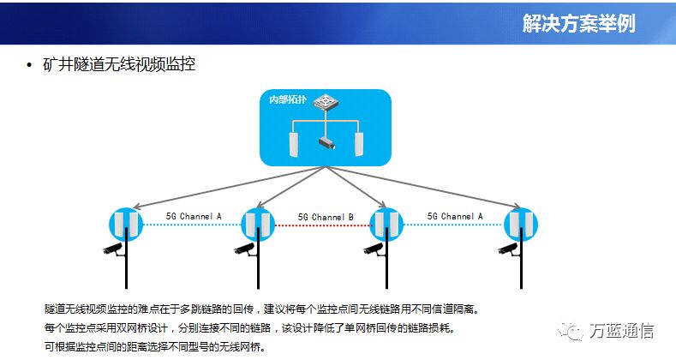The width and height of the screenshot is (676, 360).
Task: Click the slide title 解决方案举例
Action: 579,23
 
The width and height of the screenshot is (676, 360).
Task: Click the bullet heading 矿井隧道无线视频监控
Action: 119,64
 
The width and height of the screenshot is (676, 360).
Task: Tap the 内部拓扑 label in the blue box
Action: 288,99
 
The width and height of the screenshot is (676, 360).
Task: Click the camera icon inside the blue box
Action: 326,143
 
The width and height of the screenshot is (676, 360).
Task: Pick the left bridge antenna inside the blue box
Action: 294,145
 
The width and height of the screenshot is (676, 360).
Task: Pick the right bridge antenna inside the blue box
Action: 359,145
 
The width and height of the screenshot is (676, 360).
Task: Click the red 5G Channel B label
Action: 326,217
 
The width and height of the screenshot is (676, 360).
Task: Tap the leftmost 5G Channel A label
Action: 194,216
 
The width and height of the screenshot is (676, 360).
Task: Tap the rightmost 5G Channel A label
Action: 455,216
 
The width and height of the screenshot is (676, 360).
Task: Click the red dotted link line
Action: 322,225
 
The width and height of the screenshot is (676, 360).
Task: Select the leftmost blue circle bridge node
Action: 126,225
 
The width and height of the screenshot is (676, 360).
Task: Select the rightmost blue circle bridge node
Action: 521,225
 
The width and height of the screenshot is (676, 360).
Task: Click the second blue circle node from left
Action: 258,225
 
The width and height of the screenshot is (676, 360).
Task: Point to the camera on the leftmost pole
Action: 113,249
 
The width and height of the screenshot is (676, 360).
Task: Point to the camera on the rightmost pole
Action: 508,249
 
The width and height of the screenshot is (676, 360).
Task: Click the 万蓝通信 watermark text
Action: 621,331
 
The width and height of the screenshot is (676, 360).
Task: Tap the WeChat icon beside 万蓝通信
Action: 571,331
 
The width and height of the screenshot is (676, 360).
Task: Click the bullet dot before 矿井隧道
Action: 29,65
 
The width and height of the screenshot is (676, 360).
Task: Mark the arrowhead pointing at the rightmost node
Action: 517,207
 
